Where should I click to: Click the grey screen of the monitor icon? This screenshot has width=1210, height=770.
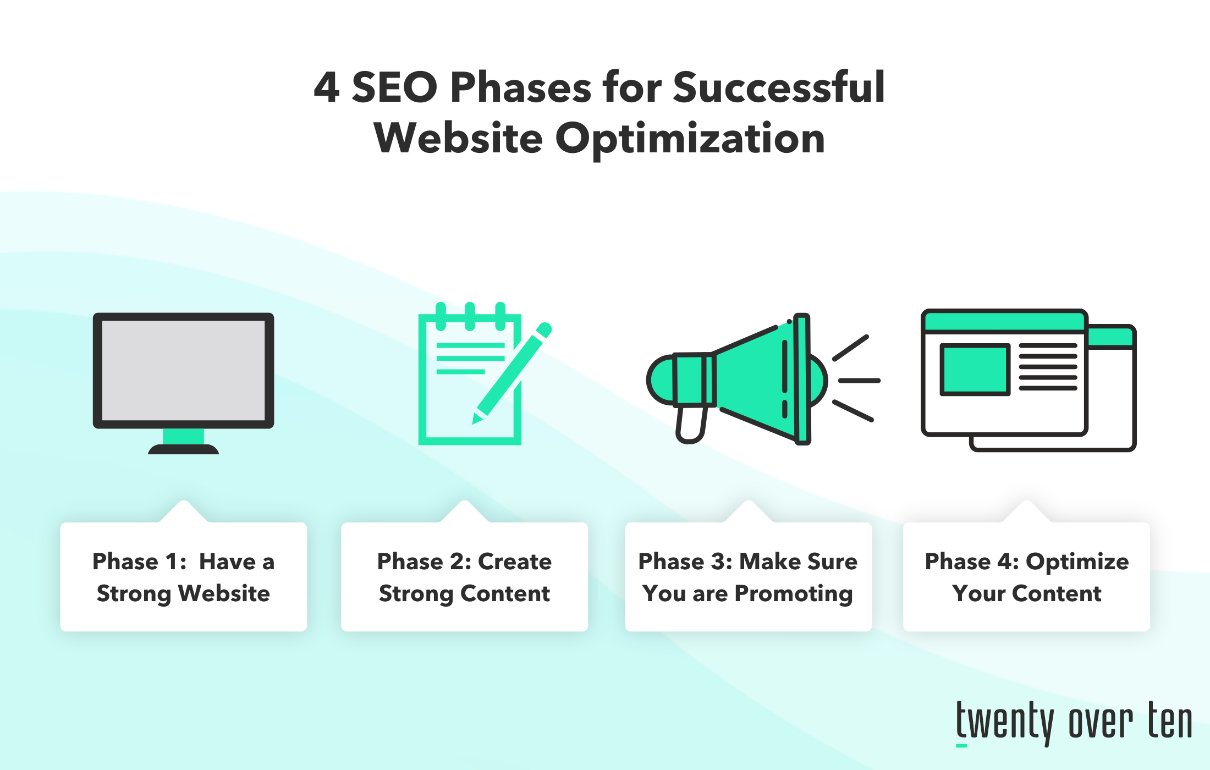(x=184, y=371)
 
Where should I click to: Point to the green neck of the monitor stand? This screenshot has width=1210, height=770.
(x=184, y=437)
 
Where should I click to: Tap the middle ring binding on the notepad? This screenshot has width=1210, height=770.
(x=470, y=316)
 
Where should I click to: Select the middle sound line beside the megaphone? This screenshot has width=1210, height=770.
(x=859, y=380)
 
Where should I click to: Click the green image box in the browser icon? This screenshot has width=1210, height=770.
(x=975, y=370)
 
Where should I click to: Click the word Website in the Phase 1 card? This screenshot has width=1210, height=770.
(x=224, y=593)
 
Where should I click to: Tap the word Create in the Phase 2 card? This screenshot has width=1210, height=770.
(x=515, y=562)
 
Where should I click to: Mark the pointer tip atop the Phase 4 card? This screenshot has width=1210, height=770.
(x=1026, y=501)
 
